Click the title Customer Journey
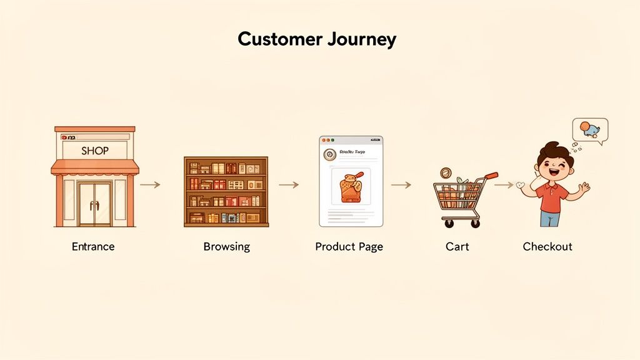coord(317,39)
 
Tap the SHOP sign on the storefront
coord(95,151)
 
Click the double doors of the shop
coord(95,204)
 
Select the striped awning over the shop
coord(95,167)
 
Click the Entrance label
coord(93,246)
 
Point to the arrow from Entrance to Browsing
coord(150,184)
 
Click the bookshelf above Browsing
coord(226,191)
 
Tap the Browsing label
coord(226,246)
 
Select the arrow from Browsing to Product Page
coord(288,184)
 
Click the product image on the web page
coord(351,187)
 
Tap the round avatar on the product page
coord(327,154)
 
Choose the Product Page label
coord(349,246)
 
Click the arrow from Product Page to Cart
coord(401,184)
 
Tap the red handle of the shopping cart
coord(491,176)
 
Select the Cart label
coord(457,246)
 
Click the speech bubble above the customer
coord(589,131)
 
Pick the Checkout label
coord(547,246)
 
